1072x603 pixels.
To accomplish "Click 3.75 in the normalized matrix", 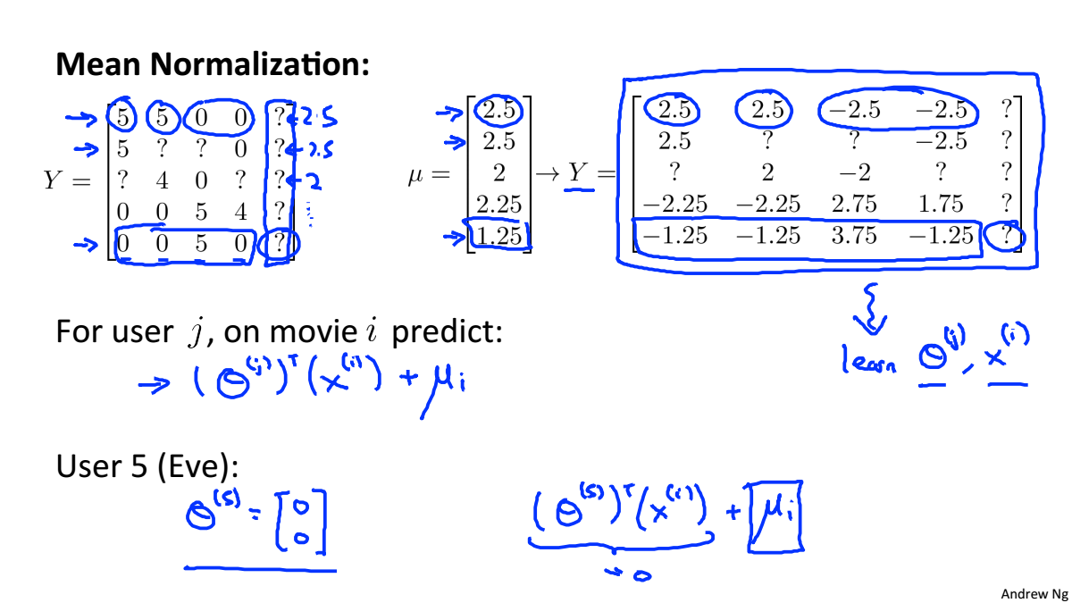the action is pos(854,236).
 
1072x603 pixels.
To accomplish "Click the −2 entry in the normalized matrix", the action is pos(854,172).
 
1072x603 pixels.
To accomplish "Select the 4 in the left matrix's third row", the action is pos(163,181).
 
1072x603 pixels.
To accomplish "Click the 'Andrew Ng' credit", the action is pos(1034,593).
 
